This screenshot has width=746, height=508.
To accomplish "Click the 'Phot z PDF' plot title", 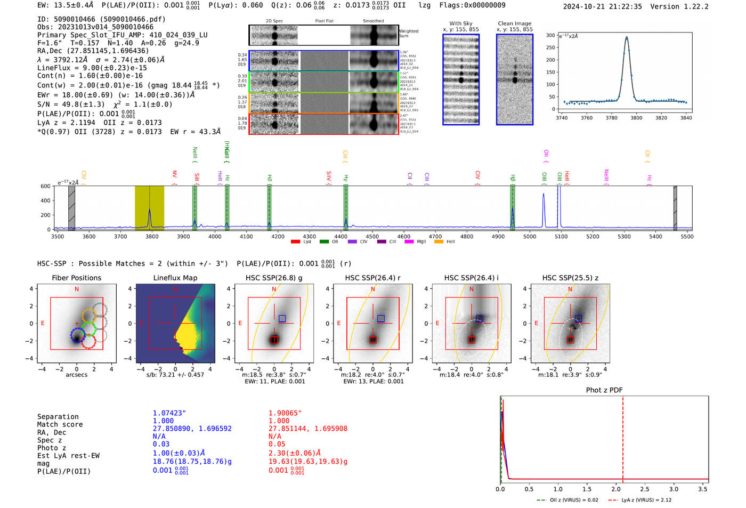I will [x=604, y=390].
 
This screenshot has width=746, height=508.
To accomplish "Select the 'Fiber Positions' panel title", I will [x=76, y=278].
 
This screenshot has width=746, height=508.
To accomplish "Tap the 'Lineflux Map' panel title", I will [x=175, y=278].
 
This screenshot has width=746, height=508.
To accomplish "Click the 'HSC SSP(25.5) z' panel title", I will [x=570, y=278].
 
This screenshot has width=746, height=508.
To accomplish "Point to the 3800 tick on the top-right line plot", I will [x=636, y=118].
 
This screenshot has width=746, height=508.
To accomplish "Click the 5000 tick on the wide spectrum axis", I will [x=530, y=237].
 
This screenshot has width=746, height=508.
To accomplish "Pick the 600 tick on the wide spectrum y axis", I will [x=46, y=186].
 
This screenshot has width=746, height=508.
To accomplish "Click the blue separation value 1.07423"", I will [x=169, y=413].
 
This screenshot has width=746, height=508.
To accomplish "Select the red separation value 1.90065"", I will [x=285, y=413].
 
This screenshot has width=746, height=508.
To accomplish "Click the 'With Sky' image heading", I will [x=460, y=23].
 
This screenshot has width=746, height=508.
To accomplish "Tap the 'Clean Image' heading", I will [x=514, y=23].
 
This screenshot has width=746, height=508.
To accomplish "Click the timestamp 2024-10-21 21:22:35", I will [x=602, y=6].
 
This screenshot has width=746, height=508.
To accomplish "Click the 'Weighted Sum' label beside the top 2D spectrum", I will [x=409, y=34].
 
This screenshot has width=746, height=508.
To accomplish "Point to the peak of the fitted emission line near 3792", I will [x=627, y=37].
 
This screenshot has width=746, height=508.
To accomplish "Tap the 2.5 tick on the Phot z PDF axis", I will [x=644, y=489].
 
